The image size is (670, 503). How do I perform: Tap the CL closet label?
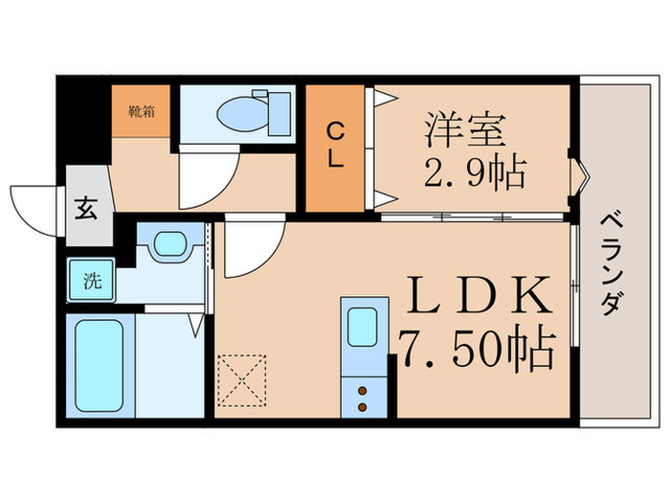pyautogui.click(x=335, y=146)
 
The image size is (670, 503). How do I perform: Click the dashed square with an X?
pyautogui.click(x=242, y=380)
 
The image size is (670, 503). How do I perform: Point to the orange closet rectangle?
pyautogui.click(x=335, y=148)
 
